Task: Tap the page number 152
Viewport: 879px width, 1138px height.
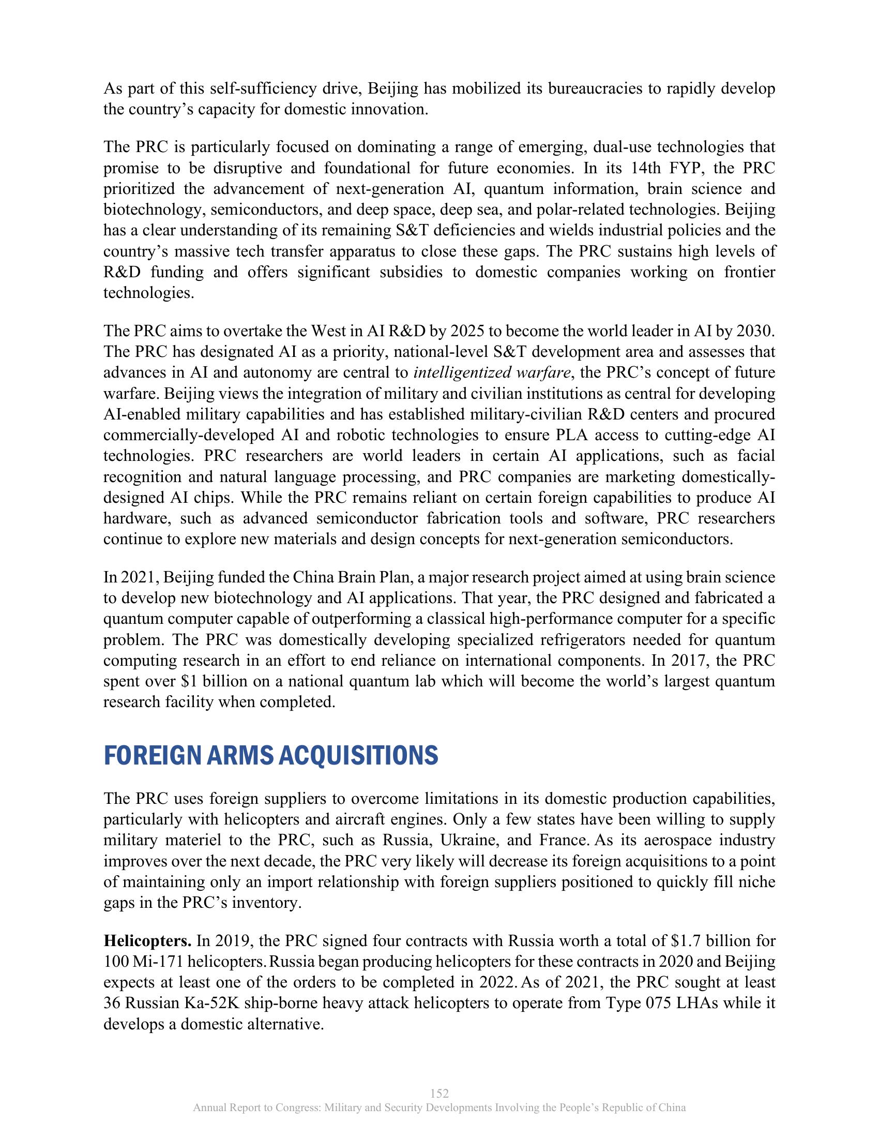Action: pos(439,1093)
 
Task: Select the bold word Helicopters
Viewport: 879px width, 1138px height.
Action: pos(147,941)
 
